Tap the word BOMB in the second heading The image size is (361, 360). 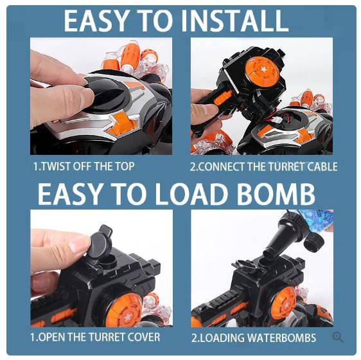click(x=275, y=194)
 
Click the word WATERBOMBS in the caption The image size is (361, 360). click(x=281, y=337)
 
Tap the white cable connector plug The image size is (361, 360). click(x=279, y=120)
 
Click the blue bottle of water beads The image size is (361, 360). click(x=316, y=219)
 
